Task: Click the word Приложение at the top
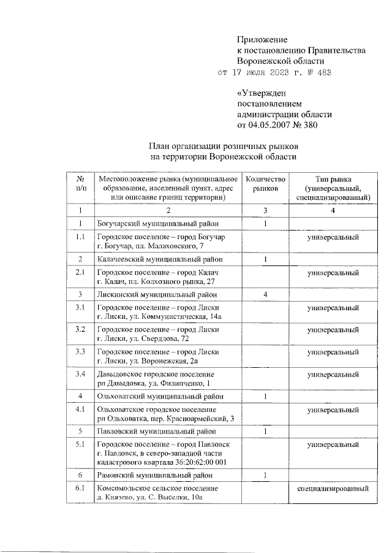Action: click(x=262, y=40)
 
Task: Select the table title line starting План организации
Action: click(x=224, y=147)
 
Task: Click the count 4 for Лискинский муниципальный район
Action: click(x=265, y=295)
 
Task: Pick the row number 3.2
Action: click(x=80, y=330)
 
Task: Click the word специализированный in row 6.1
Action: click(x=333, y=489)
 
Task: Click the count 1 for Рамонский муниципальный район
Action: click(x=265, y=475)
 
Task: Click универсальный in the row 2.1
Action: click(x=333, y=272)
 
